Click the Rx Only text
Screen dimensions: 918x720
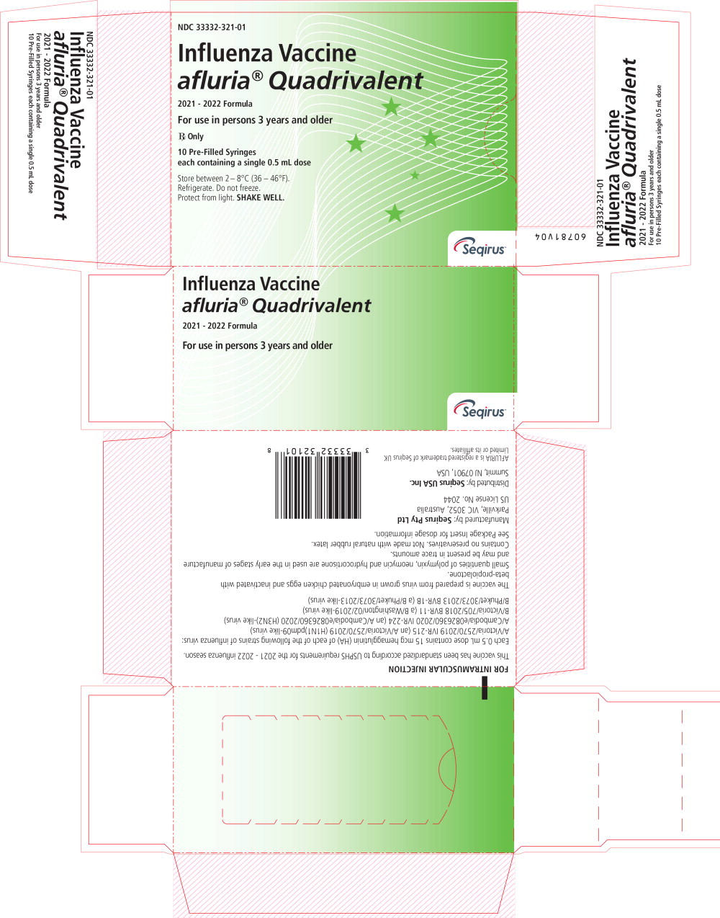[191, 136]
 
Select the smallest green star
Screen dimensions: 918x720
[415, 175]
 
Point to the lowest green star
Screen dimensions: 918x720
[394, 213]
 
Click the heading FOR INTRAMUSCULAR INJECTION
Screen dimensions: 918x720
[449, 669]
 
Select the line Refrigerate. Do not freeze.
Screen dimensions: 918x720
[219, 188]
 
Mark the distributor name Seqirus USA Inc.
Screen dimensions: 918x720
[436, 482]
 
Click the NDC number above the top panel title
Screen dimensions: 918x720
[212, 27]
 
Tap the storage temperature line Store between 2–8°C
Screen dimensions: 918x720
[233, 178]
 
